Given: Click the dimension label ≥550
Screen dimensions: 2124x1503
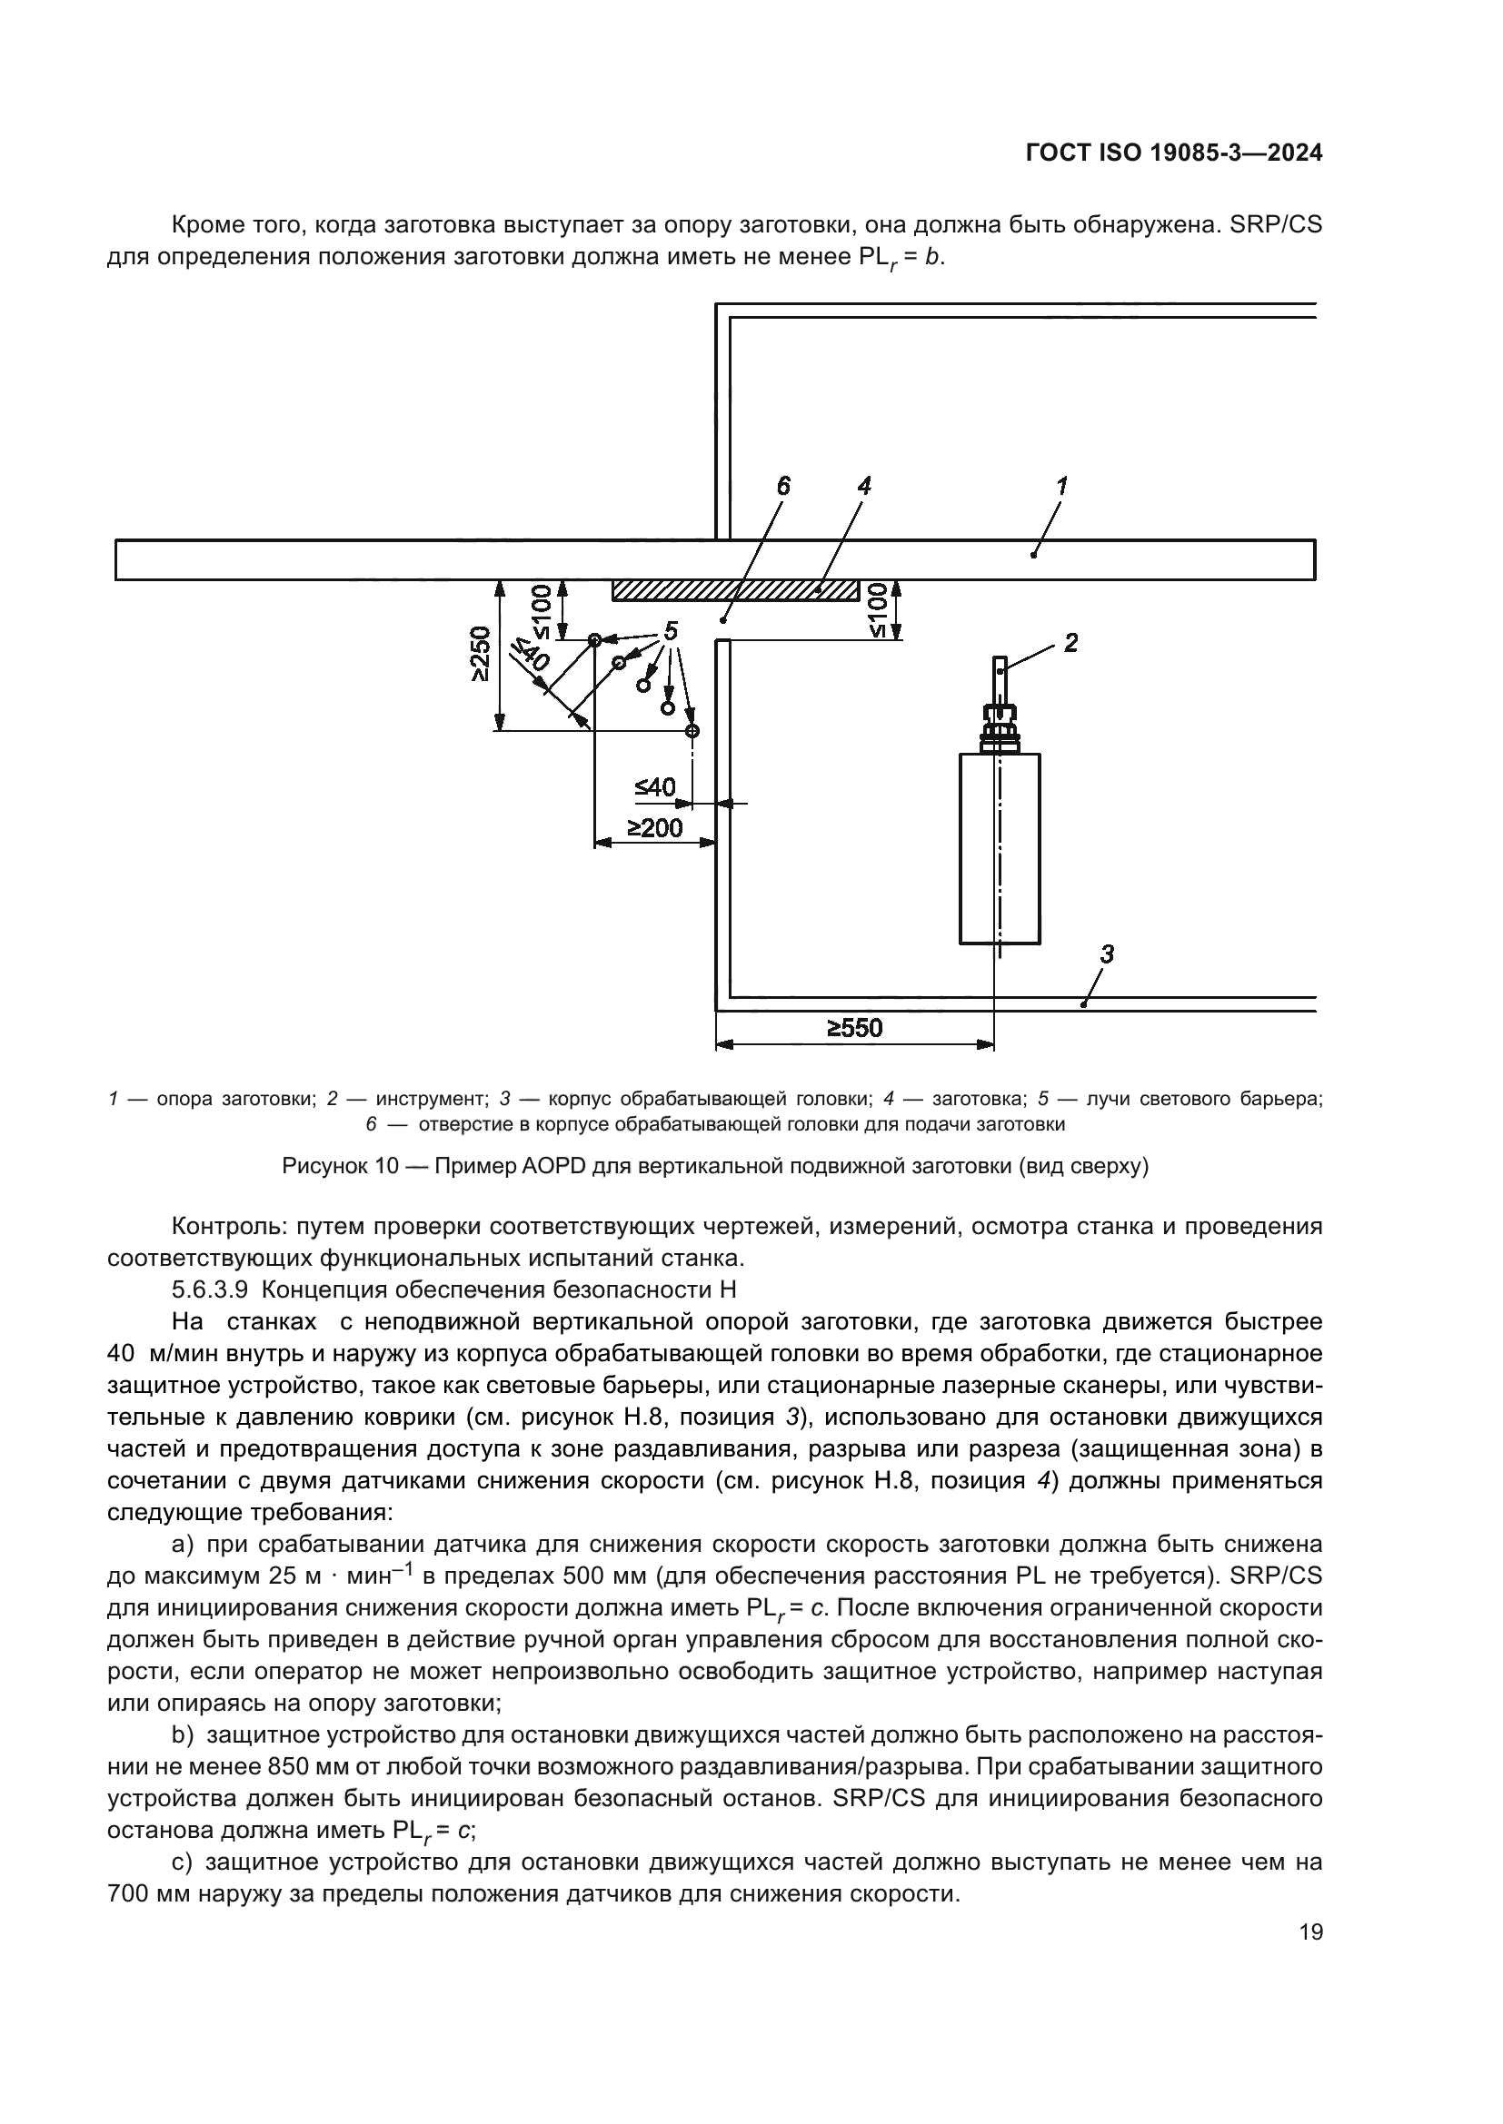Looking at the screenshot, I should [x=854, y=1028].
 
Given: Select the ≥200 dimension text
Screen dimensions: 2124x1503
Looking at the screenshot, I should [x=654, y=827].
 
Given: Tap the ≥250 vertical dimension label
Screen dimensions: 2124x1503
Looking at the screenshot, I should [x=480, y=655].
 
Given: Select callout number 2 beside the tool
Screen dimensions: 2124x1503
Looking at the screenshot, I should [x=1070, y=642].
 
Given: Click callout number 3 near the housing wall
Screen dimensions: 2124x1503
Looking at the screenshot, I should [x=1106, y=953].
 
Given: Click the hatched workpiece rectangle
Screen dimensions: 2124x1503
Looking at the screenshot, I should [x=735, y=590].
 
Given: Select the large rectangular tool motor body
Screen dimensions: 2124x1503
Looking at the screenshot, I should [x=999, y=848].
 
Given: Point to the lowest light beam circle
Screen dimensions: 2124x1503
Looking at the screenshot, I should [x=692, y=731].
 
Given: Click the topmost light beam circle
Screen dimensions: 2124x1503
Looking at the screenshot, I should [x=594, y=639].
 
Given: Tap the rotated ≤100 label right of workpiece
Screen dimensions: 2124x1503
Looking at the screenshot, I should [x=879, y=610].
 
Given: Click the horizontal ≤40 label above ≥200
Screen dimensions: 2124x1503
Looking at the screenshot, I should [x=654, y=787].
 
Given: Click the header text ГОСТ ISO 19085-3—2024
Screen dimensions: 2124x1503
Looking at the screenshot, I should [x=1173, y=153].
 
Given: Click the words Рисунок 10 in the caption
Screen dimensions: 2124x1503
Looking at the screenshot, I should [x=340, y=1167].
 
